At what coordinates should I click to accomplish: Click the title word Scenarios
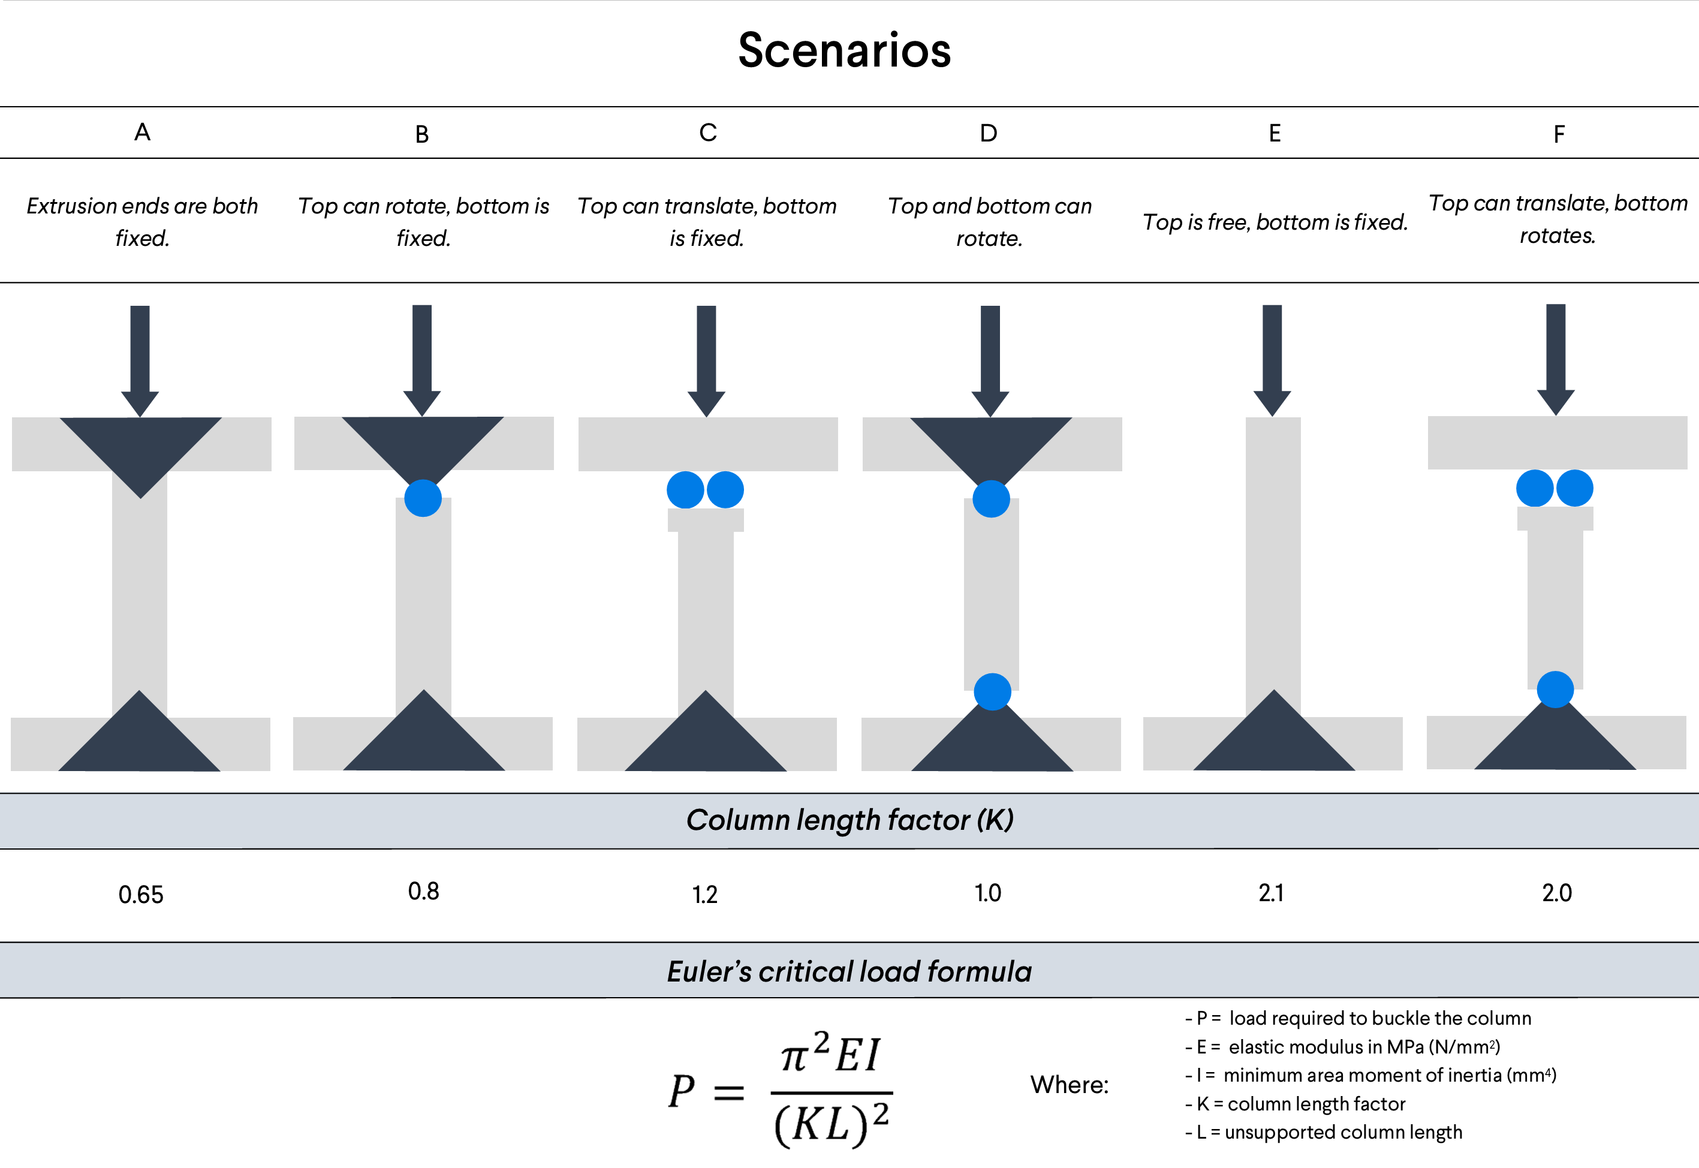coord(844,50)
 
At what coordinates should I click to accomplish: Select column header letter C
coord(707,133)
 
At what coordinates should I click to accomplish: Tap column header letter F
coord(1559,134)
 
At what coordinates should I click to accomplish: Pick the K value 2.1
coord(1271,893)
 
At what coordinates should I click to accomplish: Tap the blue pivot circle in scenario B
coord(423,498)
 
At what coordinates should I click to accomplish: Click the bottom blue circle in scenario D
coord(992,691)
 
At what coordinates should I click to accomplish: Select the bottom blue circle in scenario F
coord(1555,690)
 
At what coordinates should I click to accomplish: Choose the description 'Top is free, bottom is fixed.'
coord(1275,222)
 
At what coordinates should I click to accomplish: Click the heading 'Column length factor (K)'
coord(849,820)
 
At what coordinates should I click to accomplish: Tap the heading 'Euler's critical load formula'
coord(849,971)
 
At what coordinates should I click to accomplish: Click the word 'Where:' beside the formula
coord(1069,1085)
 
